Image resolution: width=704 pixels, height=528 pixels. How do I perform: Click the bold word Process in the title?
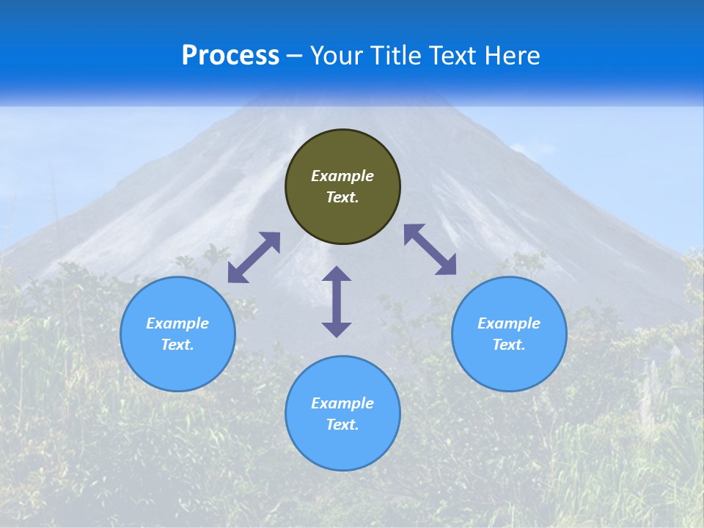tap(230, 56)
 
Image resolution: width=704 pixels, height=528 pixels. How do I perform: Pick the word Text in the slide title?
tap(454, 56)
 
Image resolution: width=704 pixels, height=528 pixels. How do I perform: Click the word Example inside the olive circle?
tap(342, 176)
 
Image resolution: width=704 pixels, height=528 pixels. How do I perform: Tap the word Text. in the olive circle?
tap(342, 197)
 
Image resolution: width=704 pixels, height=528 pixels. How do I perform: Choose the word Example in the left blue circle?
tap(177, 323)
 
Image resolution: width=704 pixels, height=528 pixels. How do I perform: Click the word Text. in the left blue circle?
tap(177, 345)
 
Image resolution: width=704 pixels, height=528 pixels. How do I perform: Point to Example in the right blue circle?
tap(509, 323)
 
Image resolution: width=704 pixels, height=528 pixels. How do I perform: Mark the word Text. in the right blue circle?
tap(509, 345)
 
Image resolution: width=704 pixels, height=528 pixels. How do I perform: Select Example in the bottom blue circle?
tap(342, 403)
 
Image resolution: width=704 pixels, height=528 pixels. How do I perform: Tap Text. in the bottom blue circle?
tap(342, 425)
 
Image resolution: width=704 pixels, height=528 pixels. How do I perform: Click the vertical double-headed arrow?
tap(337, 301)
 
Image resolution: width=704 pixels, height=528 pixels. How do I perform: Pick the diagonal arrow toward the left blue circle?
tap(254, 257)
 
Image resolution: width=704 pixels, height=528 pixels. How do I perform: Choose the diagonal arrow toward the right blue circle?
tap(430, 249)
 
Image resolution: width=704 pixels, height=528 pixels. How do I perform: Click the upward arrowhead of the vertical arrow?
tap(337, 274)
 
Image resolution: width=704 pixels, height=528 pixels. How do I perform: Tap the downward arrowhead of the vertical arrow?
tap(337, 329)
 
